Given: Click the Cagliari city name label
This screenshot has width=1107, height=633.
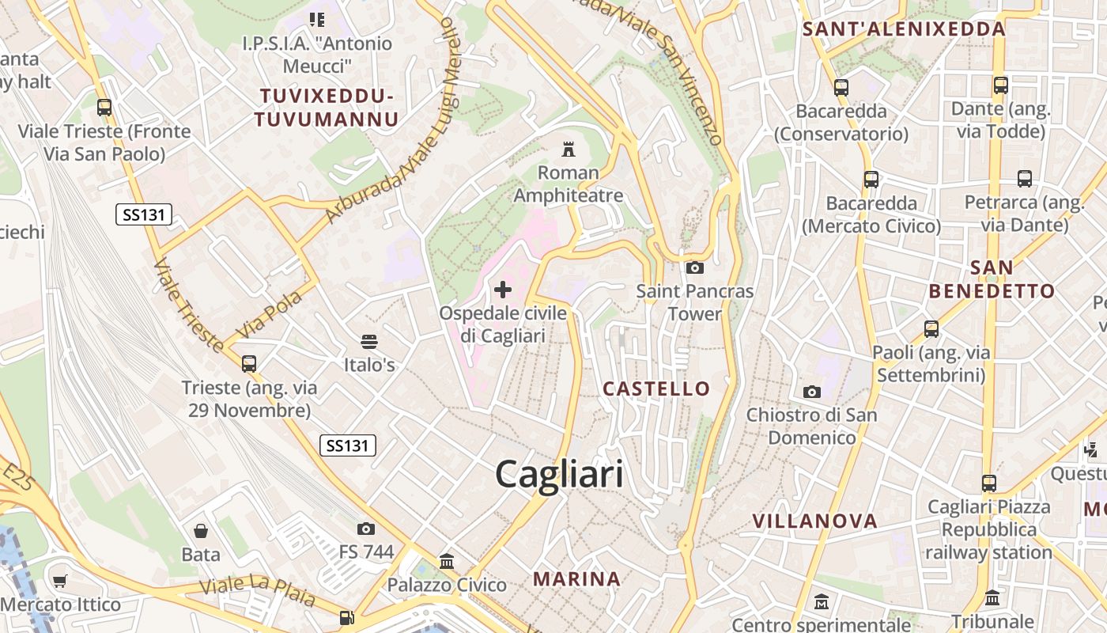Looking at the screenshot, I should (559, 475).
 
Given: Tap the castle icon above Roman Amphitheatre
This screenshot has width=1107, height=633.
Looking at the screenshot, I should (567, 148).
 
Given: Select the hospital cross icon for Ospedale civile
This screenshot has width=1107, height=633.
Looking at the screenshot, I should (503, 289).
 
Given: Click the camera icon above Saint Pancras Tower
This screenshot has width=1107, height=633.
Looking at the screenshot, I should (695, 267).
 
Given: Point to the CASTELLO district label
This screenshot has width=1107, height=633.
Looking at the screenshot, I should (656, 389).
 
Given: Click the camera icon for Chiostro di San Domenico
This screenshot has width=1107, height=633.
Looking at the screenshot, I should (811, 392).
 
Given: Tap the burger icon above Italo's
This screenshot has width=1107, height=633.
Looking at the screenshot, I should (368, 341).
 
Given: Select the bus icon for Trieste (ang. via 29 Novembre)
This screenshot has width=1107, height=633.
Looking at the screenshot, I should (249, 363).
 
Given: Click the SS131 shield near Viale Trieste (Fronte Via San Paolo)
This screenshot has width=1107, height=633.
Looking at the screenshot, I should (144, 214).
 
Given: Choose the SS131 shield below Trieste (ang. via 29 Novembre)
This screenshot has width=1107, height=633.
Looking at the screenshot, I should (348, 445).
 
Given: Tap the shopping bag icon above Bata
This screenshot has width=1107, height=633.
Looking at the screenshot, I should (201, 530).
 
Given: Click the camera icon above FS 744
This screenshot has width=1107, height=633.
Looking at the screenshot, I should (365, 529).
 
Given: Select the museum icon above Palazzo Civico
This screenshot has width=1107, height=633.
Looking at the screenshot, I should (447, 561).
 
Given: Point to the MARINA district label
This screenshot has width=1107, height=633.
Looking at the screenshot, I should (576, 578).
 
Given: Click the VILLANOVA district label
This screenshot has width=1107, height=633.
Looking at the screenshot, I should (814, 521).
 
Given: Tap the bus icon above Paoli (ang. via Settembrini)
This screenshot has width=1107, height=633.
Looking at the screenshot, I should (931, 328).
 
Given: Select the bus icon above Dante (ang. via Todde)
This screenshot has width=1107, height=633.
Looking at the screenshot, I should (1000, 85).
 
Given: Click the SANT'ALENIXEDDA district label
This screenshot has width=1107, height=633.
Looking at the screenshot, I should (904, 29).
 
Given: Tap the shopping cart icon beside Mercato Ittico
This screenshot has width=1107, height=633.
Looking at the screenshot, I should (59, 582).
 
